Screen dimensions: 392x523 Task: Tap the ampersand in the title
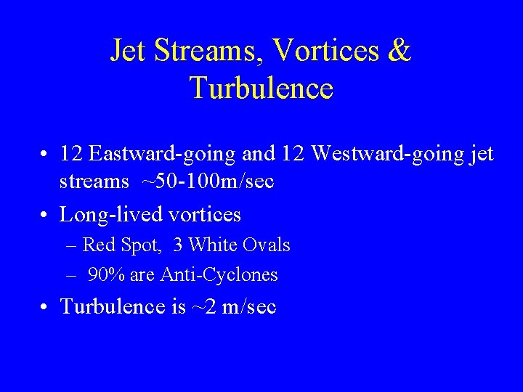click(399, 52)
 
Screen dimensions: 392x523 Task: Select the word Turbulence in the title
click(261, 88)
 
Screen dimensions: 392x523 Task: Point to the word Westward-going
click(375, 154)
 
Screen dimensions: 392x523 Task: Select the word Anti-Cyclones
click(230, 275)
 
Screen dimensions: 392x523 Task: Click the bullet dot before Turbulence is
click(46, 307)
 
